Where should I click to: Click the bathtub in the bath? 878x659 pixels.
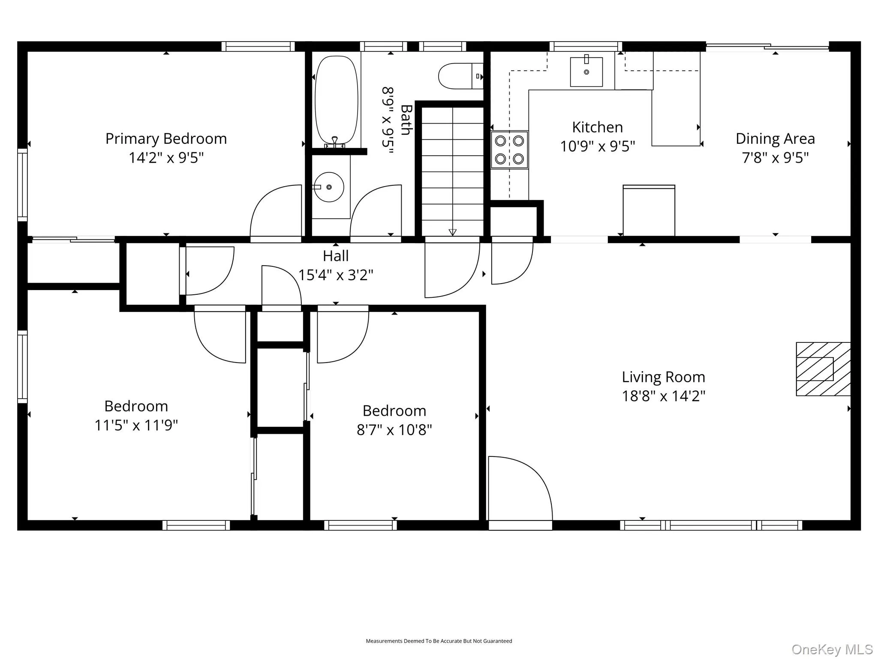(337, 100)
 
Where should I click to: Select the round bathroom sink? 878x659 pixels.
(329, 187)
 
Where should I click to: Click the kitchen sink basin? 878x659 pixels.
(586, 72)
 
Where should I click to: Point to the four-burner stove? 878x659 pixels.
(509, 150)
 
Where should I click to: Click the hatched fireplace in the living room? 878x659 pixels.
(823, 369)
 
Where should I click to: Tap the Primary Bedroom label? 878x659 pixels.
(166, 139)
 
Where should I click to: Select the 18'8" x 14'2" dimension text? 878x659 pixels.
(664, 396)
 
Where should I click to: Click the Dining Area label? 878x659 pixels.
(775, 139)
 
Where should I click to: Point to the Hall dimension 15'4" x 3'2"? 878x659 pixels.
(336, 275)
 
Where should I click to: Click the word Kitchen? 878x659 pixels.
(597, 127)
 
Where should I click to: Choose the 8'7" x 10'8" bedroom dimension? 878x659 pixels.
(394, 429)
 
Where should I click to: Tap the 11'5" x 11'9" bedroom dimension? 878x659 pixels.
(136, 425)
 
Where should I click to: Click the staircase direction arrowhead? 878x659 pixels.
(452, 232)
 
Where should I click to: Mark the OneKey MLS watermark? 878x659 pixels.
(832, 649)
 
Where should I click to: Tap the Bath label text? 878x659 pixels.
(406, 120)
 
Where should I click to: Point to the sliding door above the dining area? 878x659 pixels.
(767, 46)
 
